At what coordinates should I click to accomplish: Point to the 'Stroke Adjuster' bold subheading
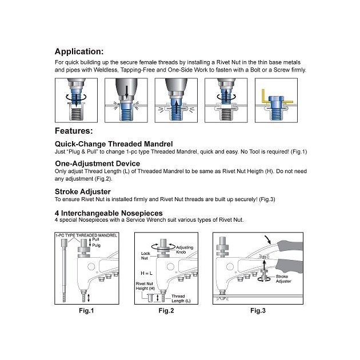click(82, 192)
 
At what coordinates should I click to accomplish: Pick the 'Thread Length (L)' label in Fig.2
click(181, 297)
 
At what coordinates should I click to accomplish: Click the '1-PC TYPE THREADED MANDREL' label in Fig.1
click(86, 235)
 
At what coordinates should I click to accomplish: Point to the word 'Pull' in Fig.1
click(103, 241)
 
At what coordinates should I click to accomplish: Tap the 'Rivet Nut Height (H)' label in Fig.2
click(145, 286)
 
